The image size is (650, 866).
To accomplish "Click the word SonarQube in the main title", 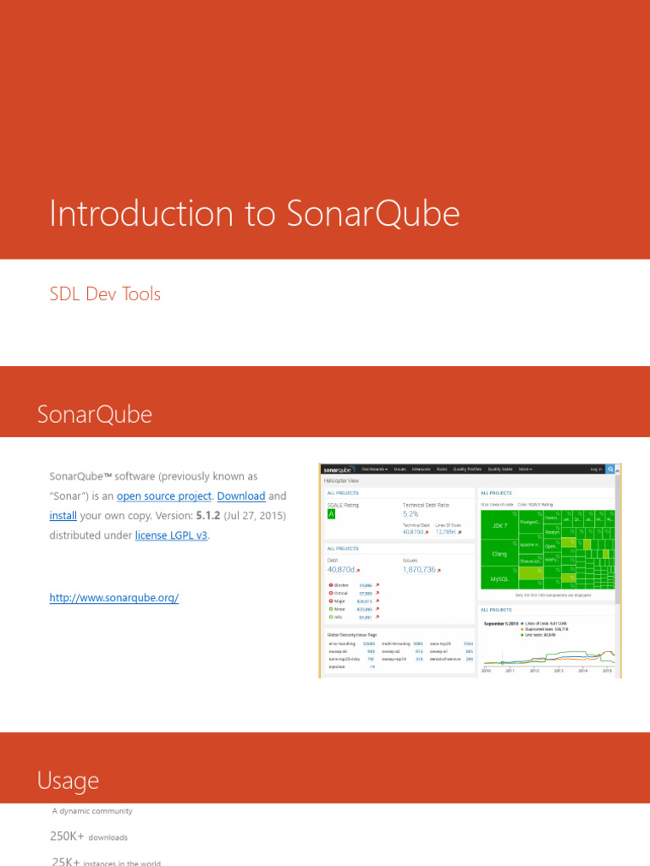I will point(373,214).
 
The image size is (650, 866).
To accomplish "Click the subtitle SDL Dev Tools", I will point(106,294).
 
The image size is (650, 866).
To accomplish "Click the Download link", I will point(241,496).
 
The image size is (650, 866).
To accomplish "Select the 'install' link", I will point(63,516).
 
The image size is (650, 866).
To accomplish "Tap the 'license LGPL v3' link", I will point(171,535).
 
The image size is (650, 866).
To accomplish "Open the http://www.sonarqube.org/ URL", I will point(114,598).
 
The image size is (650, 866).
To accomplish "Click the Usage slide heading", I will point(68,781).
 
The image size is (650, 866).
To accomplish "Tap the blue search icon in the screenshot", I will point(610,469).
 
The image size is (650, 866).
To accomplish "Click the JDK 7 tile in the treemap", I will point(499,525).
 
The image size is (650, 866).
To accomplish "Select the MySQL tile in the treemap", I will point(499,579).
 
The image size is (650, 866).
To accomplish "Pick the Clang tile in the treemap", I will point(499,554).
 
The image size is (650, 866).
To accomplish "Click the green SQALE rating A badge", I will point(332,513).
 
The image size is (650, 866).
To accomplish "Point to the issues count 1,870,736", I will point(419,570).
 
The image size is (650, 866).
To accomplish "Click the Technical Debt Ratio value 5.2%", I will point(410,513).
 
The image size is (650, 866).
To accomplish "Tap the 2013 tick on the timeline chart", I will point(559,671).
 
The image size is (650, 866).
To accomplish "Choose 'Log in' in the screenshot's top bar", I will point(596,469).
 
